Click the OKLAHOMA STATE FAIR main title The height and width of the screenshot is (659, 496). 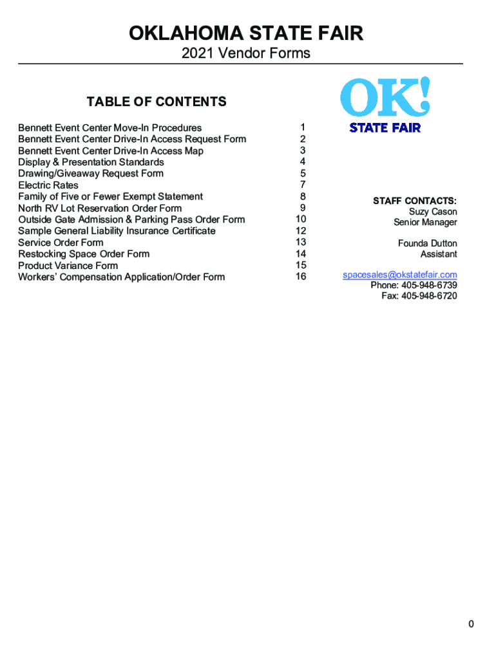click(246, 33)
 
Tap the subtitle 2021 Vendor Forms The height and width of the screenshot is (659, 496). click(246, 53)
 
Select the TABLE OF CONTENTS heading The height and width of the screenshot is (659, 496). click(157, 102)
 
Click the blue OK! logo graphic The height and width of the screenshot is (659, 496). click(385, 97)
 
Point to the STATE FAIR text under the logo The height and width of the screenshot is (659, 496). click(385, 127)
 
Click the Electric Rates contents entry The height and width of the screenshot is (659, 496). click(48, 185)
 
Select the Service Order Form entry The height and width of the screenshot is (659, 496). click(61, 243)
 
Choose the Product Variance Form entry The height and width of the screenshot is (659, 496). click(68, 266)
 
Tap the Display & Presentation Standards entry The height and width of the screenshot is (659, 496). click(91, 162)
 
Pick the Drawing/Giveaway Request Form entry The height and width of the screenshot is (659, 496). click(91, 174)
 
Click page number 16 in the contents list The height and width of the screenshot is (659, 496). click(301, 277)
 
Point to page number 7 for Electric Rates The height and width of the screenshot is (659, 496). click(303, 185)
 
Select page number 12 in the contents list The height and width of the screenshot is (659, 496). click(301, 231)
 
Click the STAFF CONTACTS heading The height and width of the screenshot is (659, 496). click(415, 201)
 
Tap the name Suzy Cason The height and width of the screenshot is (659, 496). click(433, 212)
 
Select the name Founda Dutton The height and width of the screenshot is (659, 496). click(428, 243)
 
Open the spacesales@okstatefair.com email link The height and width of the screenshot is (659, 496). click(400, 275)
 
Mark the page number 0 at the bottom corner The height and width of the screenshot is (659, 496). click(472, 624)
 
